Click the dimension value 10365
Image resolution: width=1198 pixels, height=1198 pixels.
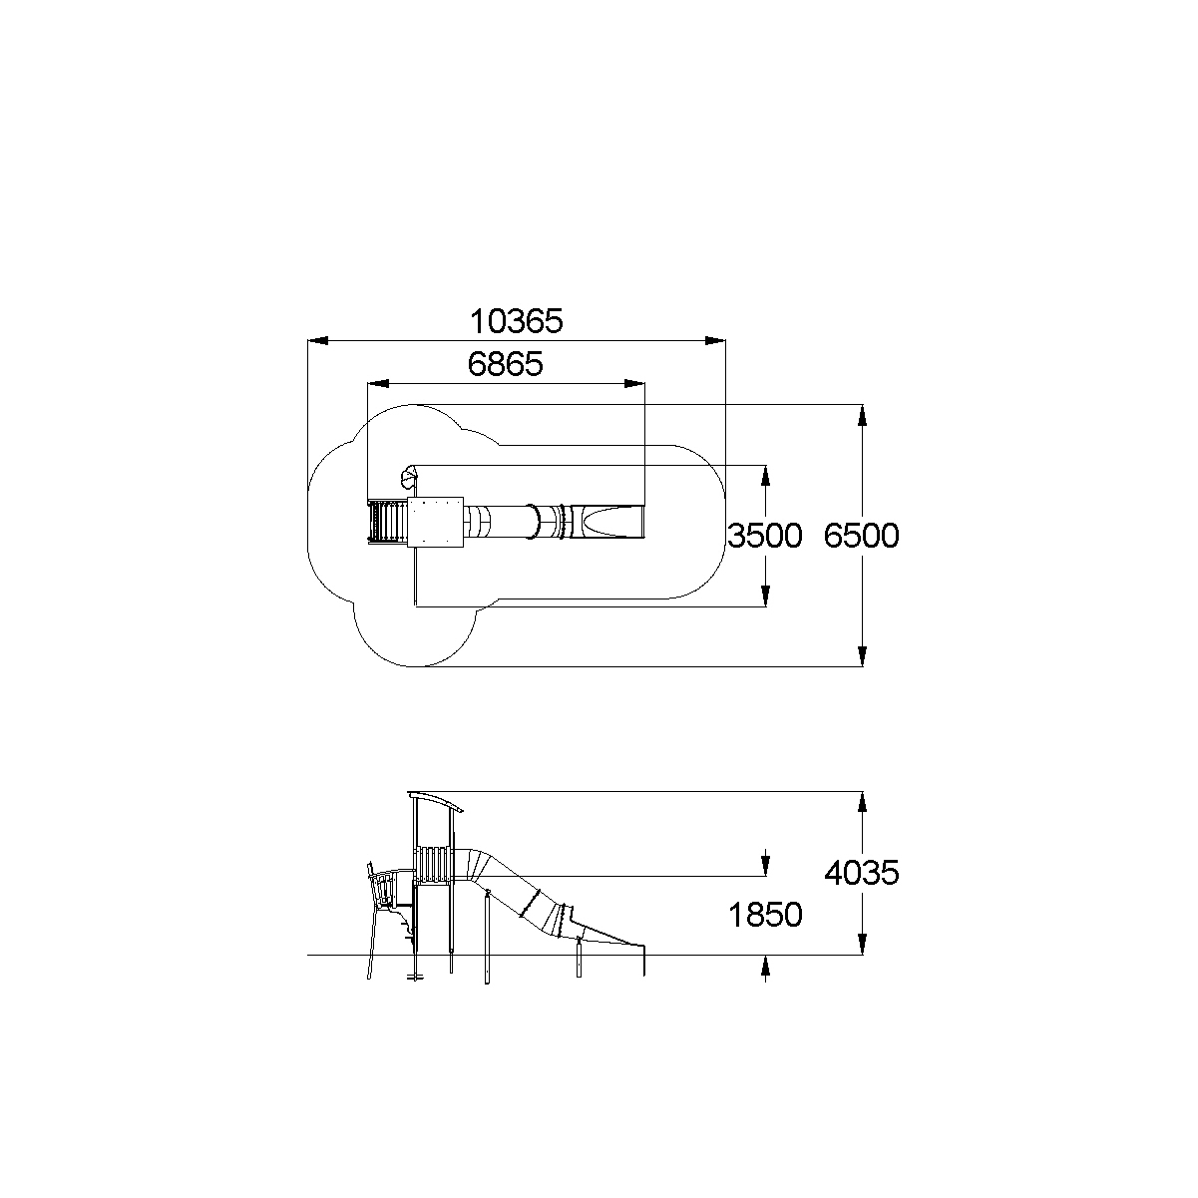(x=516, y=321)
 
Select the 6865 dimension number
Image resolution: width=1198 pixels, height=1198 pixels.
(x=505, y=364)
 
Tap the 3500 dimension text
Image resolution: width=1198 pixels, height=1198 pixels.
(x=765, y=536)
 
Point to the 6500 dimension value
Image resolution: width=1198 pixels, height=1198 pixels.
(x=861, y=536)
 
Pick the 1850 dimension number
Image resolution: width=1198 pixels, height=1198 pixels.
(x=765, y=915)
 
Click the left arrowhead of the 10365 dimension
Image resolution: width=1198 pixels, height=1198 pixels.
(x=318, y=341)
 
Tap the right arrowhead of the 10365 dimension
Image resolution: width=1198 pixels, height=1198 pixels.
(x=715, y=341)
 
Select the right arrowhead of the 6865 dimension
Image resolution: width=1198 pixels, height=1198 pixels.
(x=634, y=384)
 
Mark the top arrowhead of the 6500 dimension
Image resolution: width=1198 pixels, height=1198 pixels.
(x=862, y=415)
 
